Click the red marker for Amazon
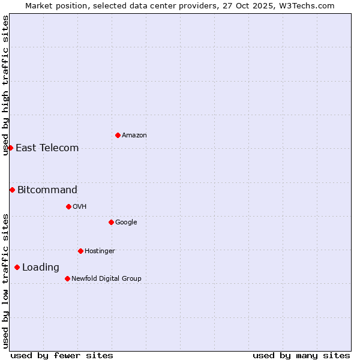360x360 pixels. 118,135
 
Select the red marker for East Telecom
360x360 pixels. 10,148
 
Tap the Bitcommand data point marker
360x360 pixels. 12,190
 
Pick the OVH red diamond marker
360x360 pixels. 68,206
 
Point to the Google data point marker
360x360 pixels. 111,222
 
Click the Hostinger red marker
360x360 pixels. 80,251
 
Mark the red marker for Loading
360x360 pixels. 17,267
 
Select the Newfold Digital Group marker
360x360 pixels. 67,278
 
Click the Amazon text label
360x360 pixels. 134,136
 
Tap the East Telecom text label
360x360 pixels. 47,148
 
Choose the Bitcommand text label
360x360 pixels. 47,190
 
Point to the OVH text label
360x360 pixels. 80,207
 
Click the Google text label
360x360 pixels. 126,223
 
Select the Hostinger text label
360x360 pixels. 100,251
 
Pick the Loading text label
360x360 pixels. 41,268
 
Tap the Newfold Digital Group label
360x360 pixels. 106,278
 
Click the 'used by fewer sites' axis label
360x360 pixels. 62,355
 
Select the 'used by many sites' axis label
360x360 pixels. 301,355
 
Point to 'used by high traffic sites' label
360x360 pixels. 5,85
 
